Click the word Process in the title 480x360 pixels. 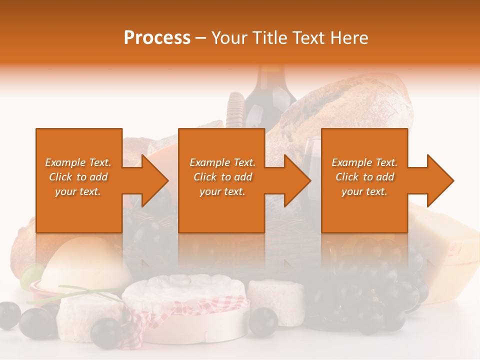157,38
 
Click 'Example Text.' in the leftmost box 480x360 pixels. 78,162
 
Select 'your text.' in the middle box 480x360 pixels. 222,191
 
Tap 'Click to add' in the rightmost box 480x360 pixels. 364,177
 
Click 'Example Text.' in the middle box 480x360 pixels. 222,162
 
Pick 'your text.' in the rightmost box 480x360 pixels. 364,191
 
